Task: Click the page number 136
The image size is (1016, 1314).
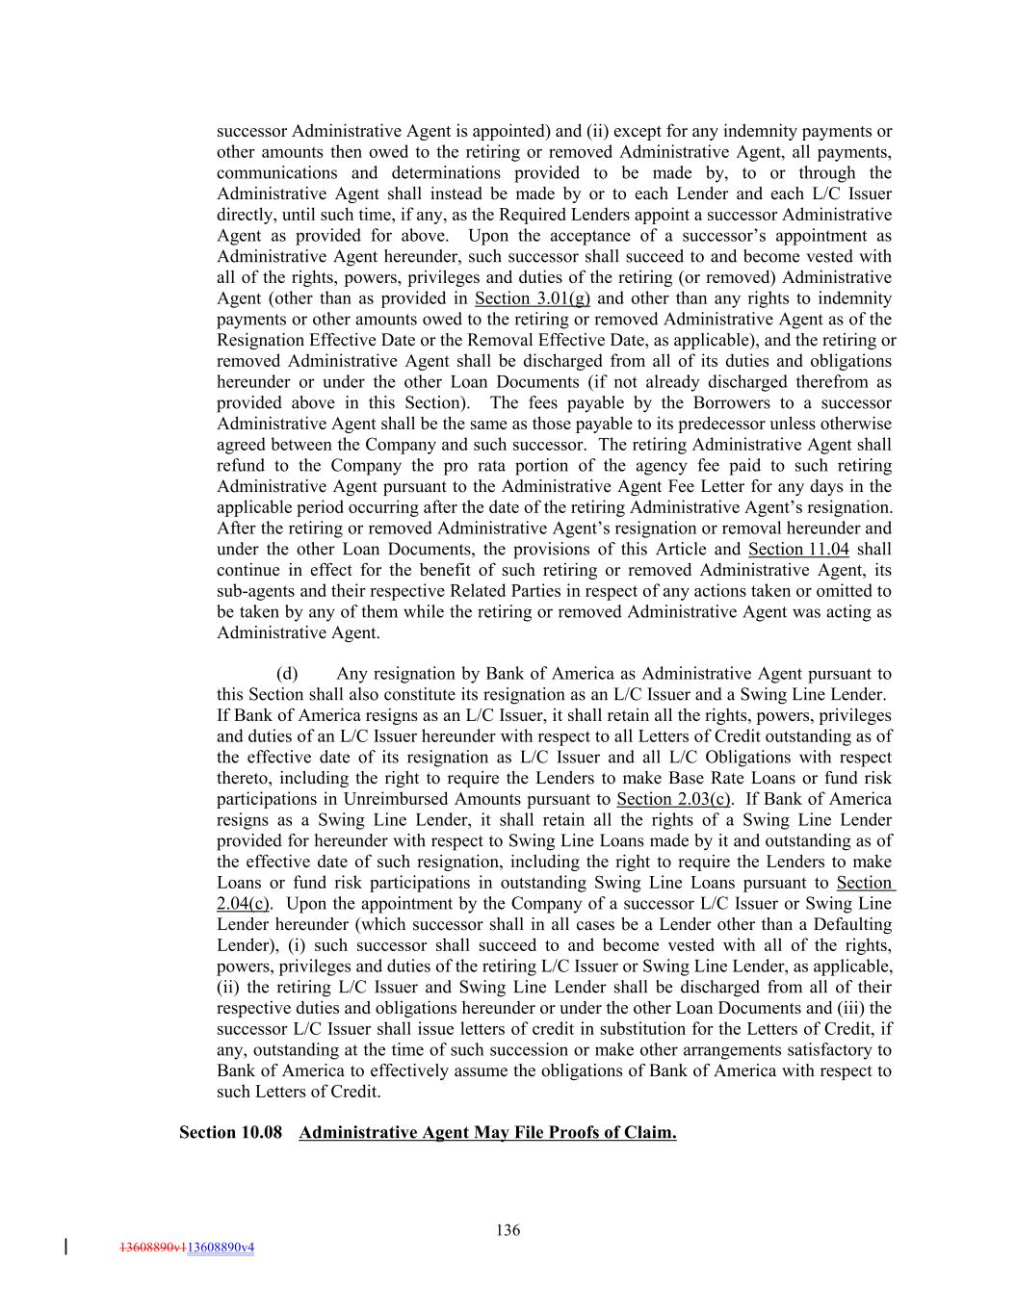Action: tap(508, 1229)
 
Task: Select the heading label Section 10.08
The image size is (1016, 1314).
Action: tap(231, 1132)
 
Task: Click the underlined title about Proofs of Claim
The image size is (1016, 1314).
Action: tap(487, 1132)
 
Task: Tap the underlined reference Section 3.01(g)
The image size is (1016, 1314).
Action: tap(533, 298)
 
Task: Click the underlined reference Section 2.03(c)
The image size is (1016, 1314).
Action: tap(674, 800)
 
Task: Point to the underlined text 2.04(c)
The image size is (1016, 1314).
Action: tap(243, 904)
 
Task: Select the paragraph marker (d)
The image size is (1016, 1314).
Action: tap(287, 674)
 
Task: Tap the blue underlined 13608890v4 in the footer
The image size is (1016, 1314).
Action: tap(221, 1249)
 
